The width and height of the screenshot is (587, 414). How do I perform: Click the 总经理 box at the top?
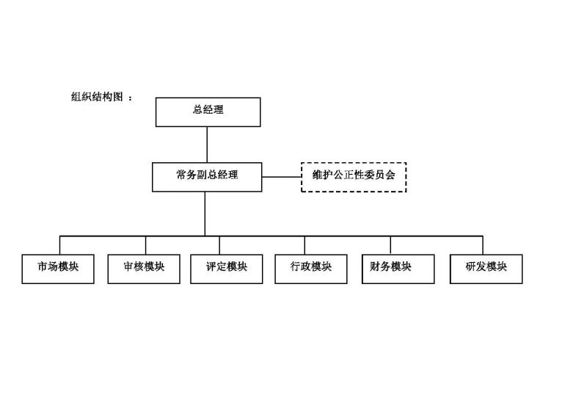208,112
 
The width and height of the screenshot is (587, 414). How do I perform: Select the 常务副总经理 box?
207,177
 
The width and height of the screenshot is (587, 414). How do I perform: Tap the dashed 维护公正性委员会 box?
354,177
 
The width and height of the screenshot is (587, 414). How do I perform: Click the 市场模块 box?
58,269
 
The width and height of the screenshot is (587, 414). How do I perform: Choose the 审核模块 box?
144,269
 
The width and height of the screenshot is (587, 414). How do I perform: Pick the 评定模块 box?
227,269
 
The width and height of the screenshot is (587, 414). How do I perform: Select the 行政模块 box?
310,269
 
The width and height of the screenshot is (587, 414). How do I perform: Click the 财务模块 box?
398,269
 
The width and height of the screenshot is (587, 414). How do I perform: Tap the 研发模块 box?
486,269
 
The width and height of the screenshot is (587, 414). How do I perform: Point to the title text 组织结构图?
97,97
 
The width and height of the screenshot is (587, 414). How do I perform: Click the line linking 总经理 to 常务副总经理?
207,145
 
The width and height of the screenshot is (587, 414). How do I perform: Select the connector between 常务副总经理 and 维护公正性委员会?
282,177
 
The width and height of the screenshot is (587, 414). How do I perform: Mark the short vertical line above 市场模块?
60,245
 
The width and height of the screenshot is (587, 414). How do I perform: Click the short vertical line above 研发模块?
483,245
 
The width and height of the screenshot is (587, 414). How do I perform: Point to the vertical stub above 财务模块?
390,245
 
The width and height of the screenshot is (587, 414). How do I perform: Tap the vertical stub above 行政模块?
305,245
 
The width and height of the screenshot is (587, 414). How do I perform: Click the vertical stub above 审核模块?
145,245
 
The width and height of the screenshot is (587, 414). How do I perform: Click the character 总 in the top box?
197,109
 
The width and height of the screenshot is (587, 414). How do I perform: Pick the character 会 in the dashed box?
390,175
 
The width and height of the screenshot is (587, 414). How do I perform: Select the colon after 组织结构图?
130,98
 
